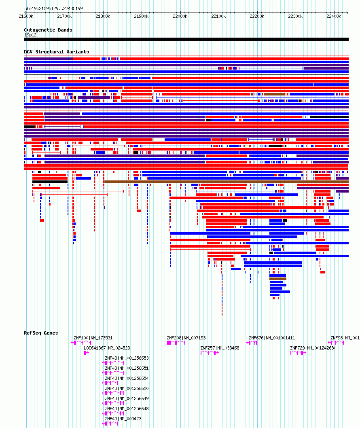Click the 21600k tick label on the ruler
(26, 16)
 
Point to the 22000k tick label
(180, 16)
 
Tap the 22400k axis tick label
(334, 16)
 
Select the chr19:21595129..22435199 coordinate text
(53, 8)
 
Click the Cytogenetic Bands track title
(48, 30)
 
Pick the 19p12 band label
(30, 35)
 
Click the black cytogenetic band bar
(186, 39)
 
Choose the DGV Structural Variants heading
(57, 52)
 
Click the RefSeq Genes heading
(41, 333)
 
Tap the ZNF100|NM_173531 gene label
(93, 338)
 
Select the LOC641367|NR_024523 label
(107, 348)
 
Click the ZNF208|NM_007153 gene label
(186, 338)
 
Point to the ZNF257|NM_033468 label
(220, 348)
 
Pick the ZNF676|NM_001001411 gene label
(272, 338)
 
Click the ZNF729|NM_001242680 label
(313, 348)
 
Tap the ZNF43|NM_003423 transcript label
(123, 419)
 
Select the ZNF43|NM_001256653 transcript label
(127, 358)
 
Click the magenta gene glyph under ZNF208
(176, 343)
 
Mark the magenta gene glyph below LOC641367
(86, 353)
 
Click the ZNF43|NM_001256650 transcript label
(127, 388)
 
